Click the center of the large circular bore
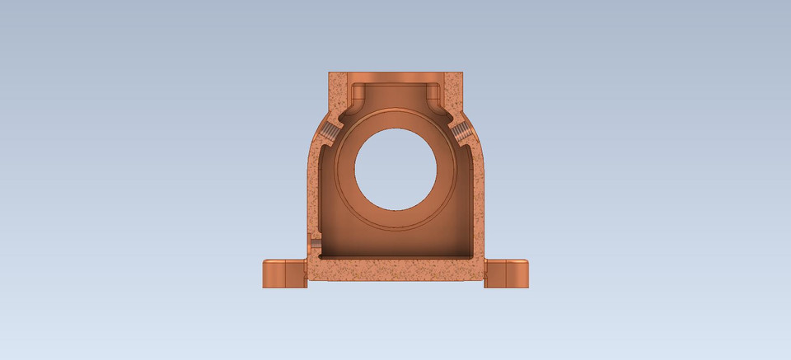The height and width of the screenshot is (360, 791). tap(395, 168)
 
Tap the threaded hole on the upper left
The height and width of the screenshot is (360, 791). tap(330, 132)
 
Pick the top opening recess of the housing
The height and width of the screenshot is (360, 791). tap(395, 92)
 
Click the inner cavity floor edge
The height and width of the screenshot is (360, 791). tap(395, 256)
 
